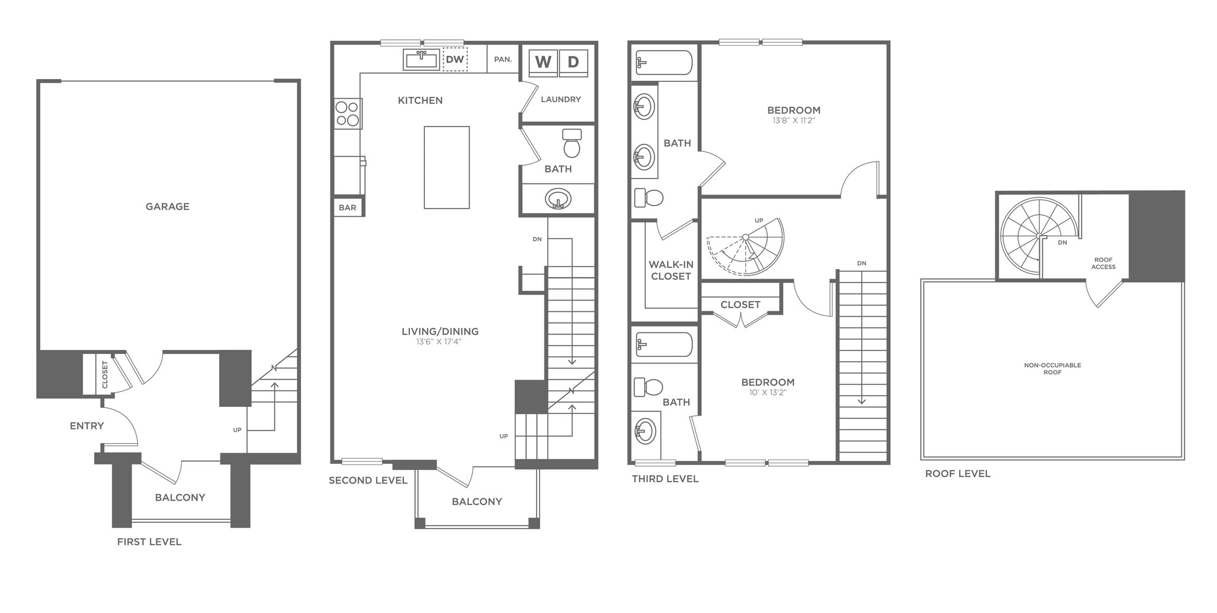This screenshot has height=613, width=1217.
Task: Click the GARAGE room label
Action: (168, 207)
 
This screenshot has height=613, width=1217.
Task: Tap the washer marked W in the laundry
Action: (543, 62)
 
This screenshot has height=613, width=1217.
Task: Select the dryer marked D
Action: (573, 62)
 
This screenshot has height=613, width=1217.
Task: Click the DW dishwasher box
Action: (455, 59)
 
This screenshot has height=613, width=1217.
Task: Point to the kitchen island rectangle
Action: (446, 168)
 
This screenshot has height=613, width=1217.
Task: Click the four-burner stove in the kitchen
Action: (348, 113)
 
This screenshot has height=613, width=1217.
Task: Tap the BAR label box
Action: (348, 207)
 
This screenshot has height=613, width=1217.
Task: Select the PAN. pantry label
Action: (503, 59)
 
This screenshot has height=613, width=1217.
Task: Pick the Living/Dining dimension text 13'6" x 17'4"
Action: (440, 342)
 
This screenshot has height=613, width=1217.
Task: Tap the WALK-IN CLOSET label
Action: (670, 270)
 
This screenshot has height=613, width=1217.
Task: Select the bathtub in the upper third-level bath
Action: (664, 62)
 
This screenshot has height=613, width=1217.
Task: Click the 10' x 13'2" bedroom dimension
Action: (768, 392)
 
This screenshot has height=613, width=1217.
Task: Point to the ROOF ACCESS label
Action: (1103, 263)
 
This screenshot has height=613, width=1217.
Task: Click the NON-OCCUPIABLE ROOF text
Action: (1052, 368)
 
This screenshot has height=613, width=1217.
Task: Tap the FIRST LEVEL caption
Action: (149, 542)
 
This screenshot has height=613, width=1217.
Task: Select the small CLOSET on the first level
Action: (105, 374)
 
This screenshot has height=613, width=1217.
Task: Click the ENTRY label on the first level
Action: (87, 426)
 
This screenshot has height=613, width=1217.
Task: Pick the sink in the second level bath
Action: (558, 198)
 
